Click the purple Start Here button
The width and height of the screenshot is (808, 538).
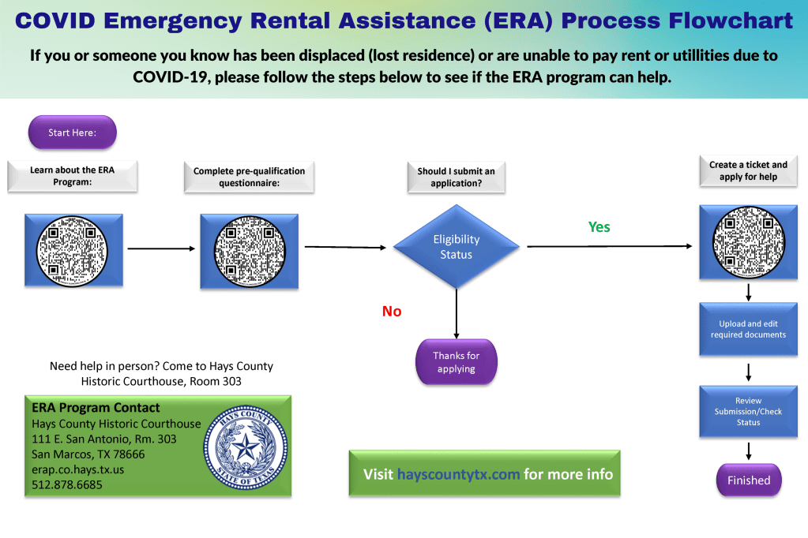pos(73,133)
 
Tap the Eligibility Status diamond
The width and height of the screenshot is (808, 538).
pos(457,247)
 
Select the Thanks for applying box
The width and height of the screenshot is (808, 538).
pos(457,362)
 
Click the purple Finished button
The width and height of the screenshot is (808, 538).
pos(748,480)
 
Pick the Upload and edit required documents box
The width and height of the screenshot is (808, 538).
pos(748,329)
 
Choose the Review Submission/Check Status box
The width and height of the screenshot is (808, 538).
pos(748,411)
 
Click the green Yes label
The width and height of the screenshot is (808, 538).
pos(599,227)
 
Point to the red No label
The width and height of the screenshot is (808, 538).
pos(392,312)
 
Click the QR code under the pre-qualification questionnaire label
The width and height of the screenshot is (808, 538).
pos(249,249)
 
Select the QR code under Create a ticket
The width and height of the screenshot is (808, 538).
pos(748,241)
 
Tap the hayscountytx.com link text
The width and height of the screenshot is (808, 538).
pos(458,474)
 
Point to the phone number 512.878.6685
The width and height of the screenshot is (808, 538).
pos(67,484)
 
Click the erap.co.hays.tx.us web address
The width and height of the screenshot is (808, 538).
pos(78,469)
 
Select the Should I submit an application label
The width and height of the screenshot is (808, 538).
pos(457,177)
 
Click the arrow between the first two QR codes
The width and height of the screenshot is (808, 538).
pos(161,249)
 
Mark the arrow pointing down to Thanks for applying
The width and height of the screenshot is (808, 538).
pos(457,314)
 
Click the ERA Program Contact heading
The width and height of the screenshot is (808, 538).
pos(96,408)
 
